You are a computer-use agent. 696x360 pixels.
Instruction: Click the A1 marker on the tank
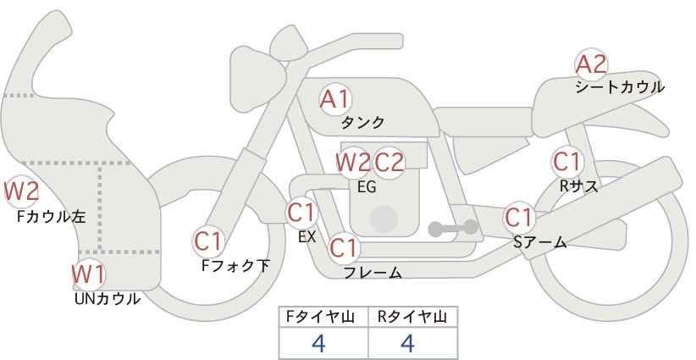(x=335, y=99)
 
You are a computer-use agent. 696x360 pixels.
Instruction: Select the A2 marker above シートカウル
(x=591, y=64)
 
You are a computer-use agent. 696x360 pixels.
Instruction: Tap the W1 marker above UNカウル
(x=89, y=274)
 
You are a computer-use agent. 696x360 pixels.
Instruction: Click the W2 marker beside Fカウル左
(x=21, y=191)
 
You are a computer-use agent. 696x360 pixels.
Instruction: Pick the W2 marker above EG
(x=353, y=163)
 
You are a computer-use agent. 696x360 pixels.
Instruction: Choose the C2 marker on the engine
(x=389, y=163)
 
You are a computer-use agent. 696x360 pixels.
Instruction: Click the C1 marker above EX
(x=301, y=213)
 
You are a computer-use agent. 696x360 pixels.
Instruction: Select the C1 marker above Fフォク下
(x=208, y=242)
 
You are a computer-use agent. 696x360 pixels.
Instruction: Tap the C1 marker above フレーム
(x=344, y=248)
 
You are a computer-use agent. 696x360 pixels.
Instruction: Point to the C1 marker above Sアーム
(x=519, y=218)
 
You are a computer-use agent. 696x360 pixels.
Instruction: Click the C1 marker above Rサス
(x=567, y=162)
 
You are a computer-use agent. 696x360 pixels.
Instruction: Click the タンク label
(x=362, y=123)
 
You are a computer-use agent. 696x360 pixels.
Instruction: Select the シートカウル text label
(x=620, y=87)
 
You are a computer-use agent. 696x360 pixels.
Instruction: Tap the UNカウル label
(x=108, y=299)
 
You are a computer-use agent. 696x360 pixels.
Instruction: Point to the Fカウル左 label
(x=51, y=217)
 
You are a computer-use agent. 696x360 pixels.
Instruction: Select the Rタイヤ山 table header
(x=412, y=317)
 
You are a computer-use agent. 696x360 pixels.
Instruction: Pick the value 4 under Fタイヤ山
(x=318, y=343)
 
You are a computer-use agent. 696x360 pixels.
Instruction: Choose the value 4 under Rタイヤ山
(x=407, y=343)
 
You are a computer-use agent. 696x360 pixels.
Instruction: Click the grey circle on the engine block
(x=384, y=219)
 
